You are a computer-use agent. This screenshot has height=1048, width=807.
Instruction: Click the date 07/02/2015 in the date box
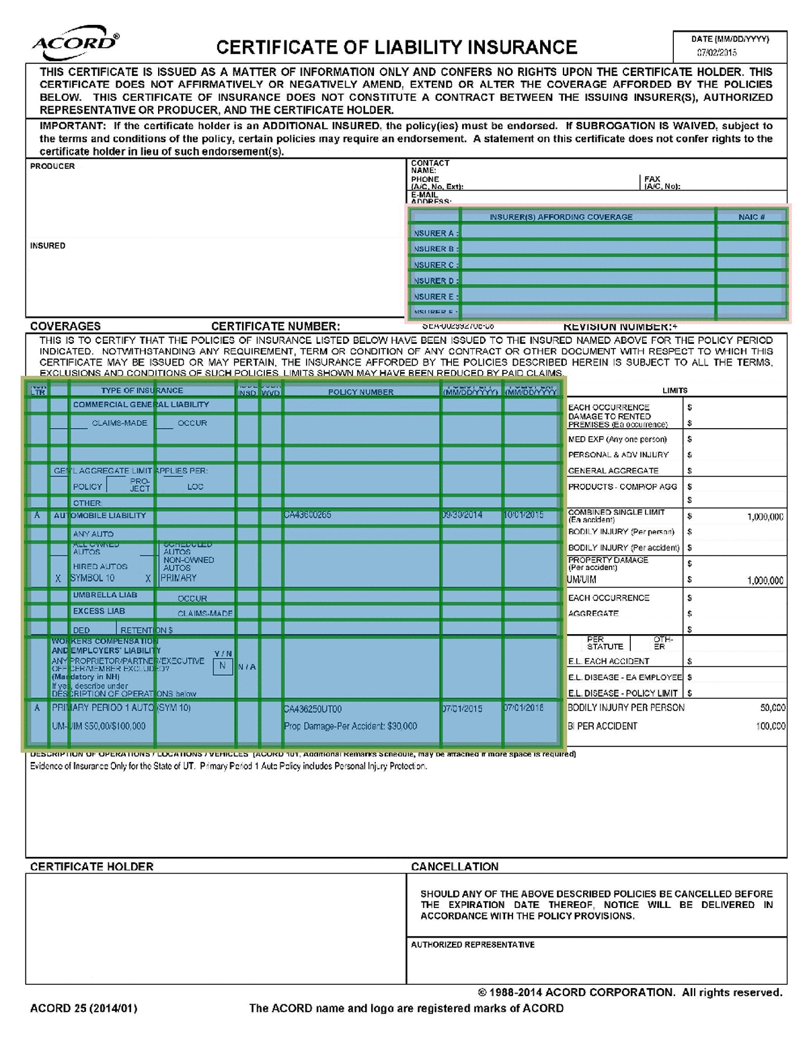(x=716, y=53)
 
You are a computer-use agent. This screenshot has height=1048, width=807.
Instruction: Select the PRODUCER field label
(x=52, y=166)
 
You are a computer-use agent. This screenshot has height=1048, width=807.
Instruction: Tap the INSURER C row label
(x=434, y=265)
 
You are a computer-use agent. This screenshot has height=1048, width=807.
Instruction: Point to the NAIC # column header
(x=751, y=217)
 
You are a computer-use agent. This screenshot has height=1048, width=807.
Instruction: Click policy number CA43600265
(x=307, y=516)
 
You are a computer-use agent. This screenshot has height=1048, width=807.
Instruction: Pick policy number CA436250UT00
(x=313, y=709)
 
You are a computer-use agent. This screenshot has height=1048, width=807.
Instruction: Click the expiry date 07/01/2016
(x=523, y=708)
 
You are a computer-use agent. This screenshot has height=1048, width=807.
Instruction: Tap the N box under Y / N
(x=223, y=666)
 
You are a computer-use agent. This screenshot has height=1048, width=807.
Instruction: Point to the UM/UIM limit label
(x=582, y=580)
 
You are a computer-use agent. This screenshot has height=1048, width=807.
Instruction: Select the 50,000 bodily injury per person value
(x=772, y=708)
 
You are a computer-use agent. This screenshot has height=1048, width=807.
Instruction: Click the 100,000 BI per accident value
(x=771, y=726)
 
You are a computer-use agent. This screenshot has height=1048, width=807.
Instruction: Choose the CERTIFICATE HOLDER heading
(x=91, y=867)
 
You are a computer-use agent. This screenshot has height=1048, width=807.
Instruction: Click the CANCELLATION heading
(x=455, y=867)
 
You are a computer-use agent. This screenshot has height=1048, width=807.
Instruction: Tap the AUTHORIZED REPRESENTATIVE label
(x=473, y=945)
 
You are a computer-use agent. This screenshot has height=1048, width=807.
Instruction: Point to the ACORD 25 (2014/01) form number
(x=83, y=1008)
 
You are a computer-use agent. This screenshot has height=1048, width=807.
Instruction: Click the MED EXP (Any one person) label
(x=617, y=439)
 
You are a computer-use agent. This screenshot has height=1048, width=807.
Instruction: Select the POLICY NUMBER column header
(x=360, y=392)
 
